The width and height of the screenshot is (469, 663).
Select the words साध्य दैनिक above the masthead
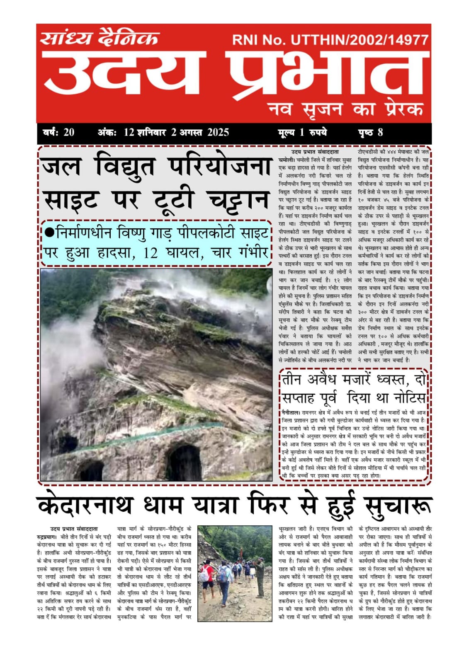click(x=100, y=38)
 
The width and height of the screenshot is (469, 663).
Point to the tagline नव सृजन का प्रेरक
click(x=346, y=109)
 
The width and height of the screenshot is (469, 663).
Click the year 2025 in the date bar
click(x=218, y=132)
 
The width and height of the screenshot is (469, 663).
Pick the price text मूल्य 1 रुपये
click(x=302, y=132)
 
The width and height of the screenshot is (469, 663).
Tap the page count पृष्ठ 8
click(x=370, y=132)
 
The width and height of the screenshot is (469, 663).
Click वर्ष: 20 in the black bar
click(x=58, y=132)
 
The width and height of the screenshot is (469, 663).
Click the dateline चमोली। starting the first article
click(x=287, y=160)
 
